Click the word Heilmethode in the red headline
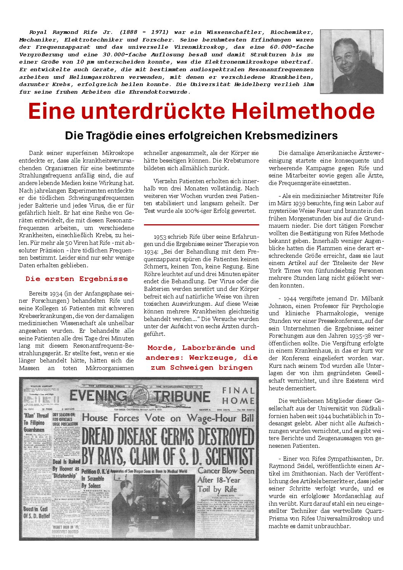(x=303, y=111)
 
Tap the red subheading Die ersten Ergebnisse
(x=77, y=279)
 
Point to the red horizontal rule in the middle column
(x=201, y=225)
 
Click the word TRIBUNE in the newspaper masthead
(x=182, y=396)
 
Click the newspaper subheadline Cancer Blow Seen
(x=225, y=471)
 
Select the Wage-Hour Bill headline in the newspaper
(x=168, y=418)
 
